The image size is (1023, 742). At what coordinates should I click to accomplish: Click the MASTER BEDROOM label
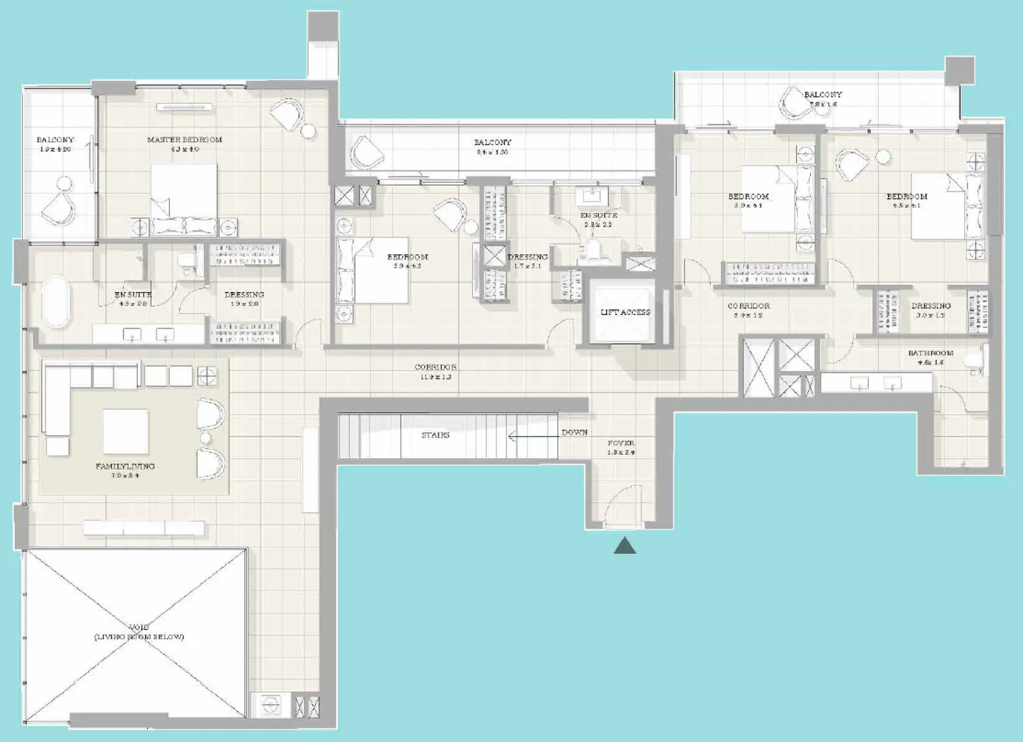coord(184,140)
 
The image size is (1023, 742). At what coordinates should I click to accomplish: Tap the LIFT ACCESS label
coord(625,312)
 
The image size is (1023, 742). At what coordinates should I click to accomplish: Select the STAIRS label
coord(435,435)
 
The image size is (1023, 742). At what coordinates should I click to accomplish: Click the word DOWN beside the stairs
coord(575,432)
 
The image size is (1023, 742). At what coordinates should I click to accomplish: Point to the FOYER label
coord(620,443)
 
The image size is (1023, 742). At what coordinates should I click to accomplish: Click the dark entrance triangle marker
coord(624,546)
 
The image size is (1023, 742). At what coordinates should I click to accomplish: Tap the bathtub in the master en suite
coord(57,301)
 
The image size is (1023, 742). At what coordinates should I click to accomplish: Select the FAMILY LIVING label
coord(125,466)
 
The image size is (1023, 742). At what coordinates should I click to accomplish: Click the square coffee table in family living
coord(125,432)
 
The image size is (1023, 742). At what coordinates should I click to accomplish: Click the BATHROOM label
coord(931,353)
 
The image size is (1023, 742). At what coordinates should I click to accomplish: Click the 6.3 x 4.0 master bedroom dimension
coord(184,149)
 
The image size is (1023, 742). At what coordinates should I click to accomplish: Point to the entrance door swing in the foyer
coord(619,509)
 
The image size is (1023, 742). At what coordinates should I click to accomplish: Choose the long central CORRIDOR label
coord(435,368)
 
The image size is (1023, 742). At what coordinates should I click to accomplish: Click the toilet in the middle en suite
coord(593,251)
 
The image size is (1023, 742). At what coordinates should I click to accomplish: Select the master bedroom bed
coord(183,199)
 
